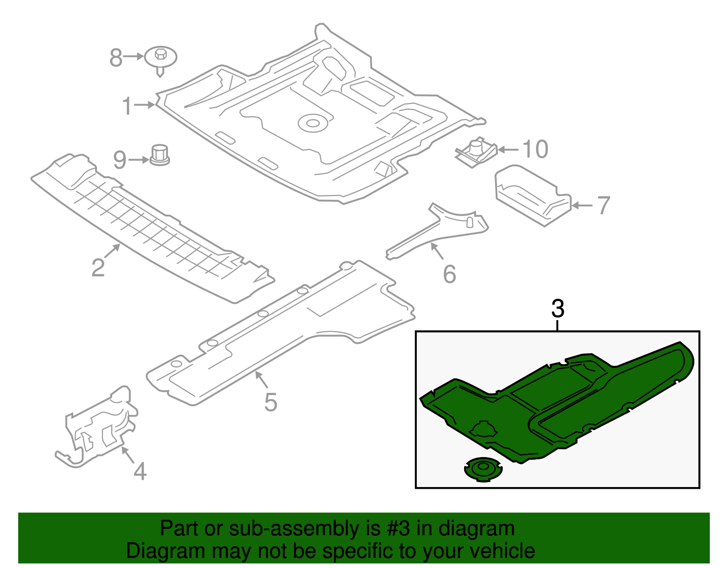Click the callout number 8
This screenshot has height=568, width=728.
116,58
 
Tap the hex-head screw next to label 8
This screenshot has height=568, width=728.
160,58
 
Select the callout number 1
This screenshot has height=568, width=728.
127,106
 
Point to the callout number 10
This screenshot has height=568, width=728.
535,149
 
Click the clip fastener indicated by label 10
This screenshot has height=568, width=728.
476,152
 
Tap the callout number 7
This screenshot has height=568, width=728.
603,206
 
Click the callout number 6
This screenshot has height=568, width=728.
449,274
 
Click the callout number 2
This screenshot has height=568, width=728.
98,267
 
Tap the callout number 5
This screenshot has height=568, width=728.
270,402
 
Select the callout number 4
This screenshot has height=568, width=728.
140,471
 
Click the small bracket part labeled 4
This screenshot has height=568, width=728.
102,427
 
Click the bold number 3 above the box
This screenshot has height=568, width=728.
557,309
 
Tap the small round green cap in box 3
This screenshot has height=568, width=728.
483,469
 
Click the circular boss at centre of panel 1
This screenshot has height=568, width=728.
313,123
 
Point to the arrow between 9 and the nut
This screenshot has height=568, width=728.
138,160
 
